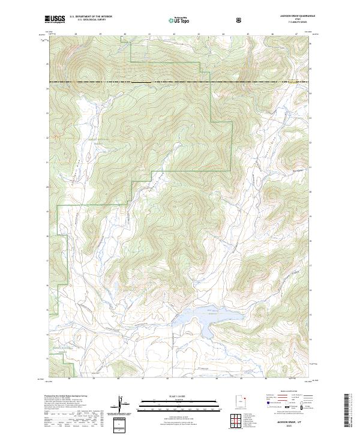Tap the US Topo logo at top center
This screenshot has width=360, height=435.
178,20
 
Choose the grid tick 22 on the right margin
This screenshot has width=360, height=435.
311,142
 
